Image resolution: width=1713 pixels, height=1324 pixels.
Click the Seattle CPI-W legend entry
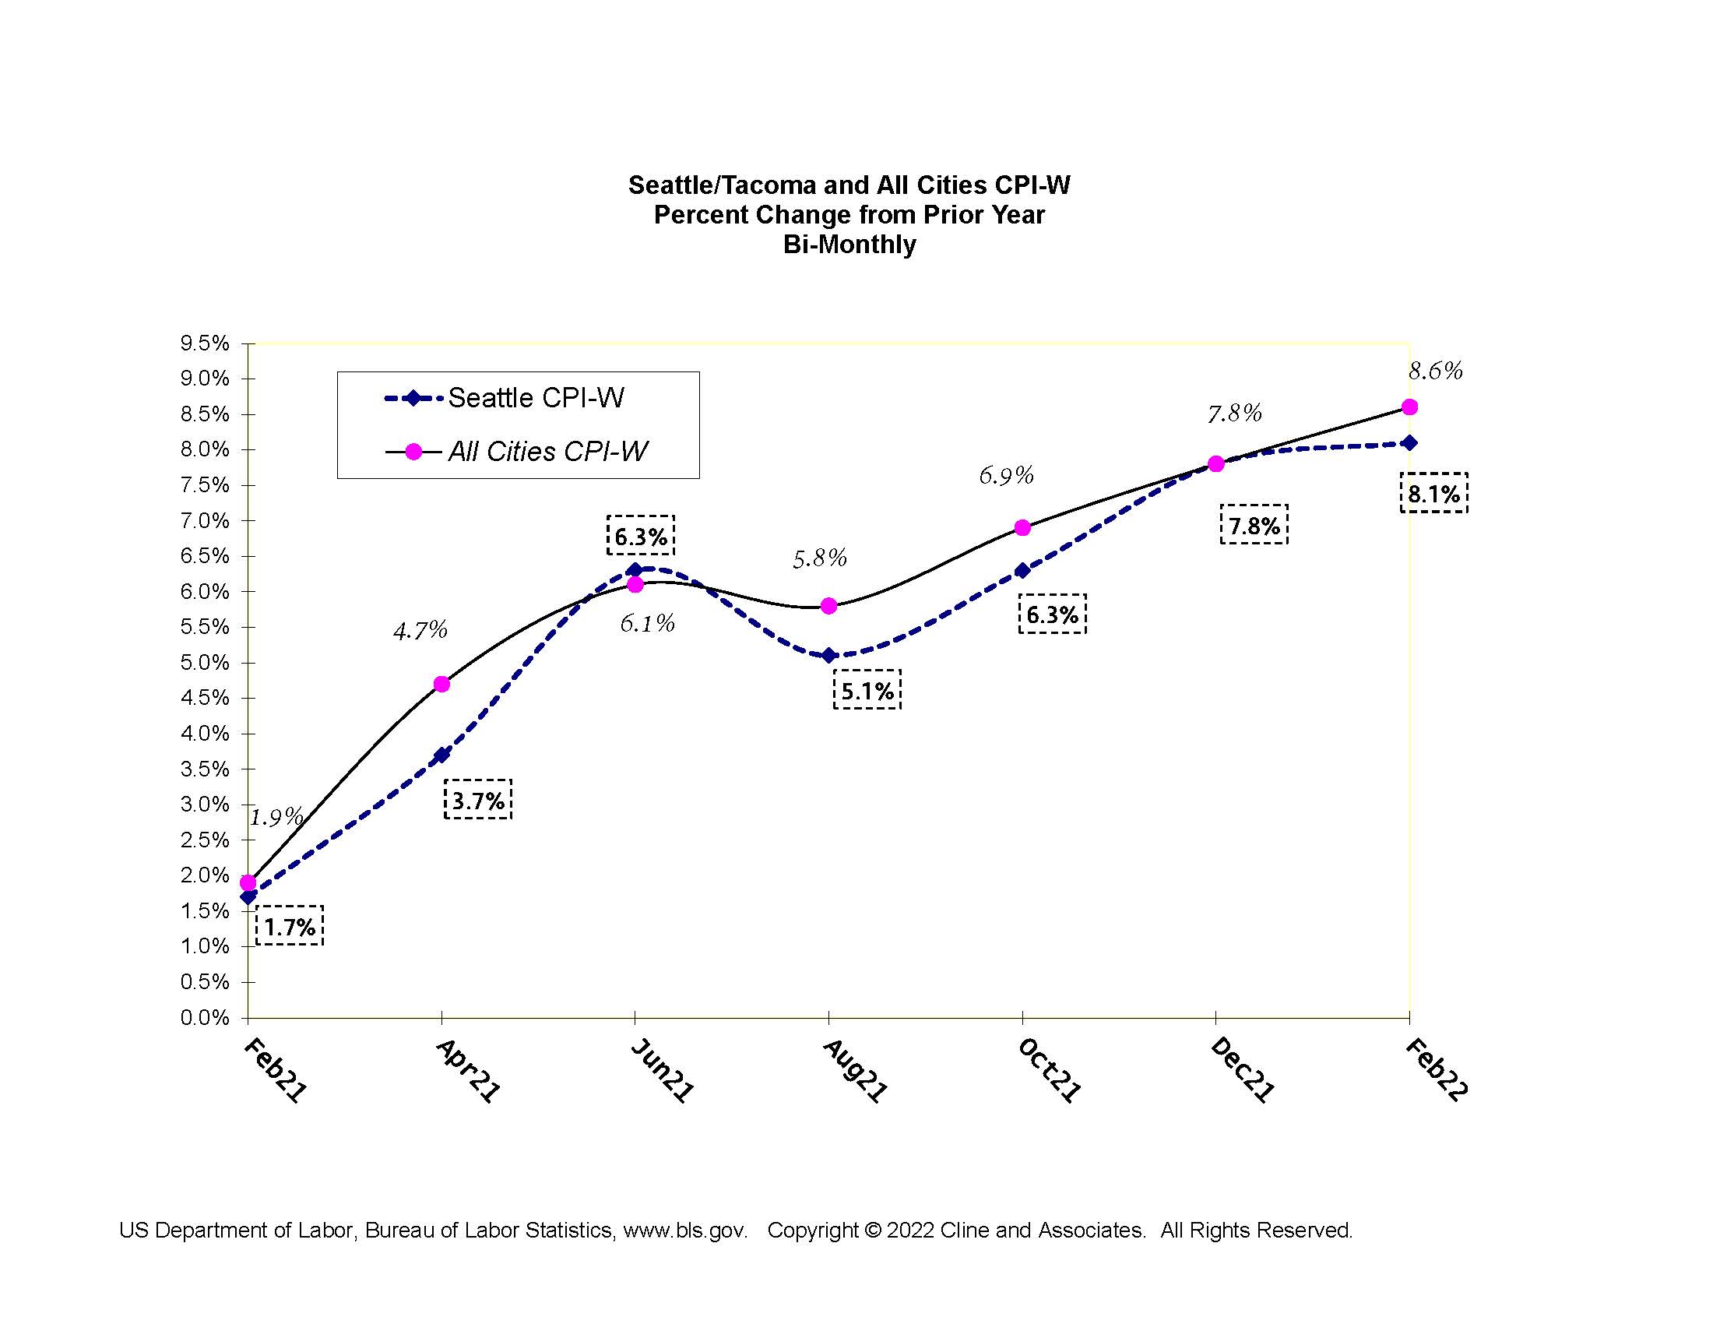[x=505, y=399]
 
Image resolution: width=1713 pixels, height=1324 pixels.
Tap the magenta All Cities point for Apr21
[x=441, y=684]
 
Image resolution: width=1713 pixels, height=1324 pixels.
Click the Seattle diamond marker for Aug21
[x=828, y=656]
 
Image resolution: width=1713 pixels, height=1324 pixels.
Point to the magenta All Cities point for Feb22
[x=1409, y=407]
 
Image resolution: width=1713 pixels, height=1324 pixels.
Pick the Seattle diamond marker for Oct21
[x=1022, y=570]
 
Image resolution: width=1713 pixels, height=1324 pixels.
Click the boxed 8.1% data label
[x=1433, y=493]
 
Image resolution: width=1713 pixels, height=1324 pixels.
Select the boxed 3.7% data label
[x=478, y=800]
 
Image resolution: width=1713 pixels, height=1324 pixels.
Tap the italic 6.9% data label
[x=1006, y=475]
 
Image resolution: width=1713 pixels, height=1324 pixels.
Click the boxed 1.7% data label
[x=290, y=926]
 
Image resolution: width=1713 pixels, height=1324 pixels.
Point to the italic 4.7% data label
[x=420, y=630]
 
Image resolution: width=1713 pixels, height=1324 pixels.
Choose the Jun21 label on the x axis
[x=663, y=1070]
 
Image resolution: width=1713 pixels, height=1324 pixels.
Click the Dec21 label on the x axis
[x=1243, y=1070]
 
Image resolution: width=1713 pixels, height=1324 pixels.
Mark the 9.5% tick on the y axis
[x=205, y=343]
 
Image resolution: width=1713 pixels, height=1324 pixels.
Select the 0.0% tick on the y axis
[x=205, y=1018]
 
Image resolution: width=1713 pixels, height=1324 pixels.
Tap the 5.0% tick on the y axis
[x=205, y=663]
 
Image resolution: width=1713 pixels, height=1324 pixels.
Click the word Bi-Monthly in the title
[x=849, y=245]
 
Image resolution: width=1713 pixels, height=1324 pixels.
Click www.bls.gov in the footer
[x=684, y=1230]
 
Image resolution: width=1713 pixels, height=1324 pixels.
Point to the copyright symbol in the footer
[x=872, y=1230]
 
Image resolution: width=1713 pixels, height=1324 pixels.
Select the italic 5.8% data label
[x=820, y=558]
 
